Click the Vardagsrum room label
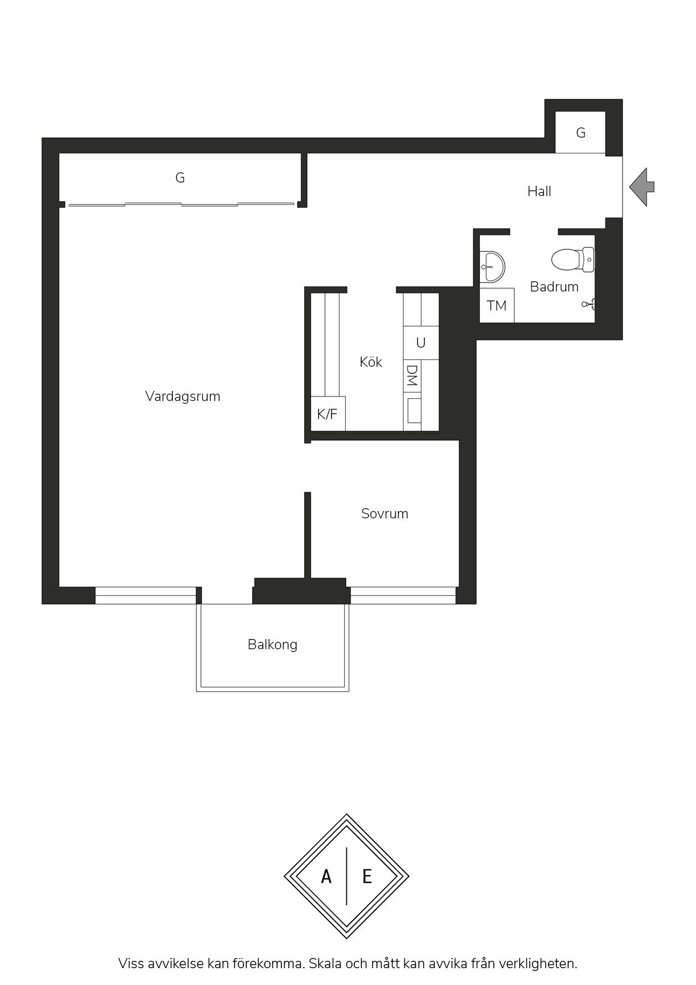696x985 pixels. (182, 396)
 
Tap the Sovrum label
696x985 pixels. (384, 514)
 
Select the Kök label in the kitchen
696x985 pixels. (371, 362)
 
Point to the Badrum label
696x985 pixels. (554, 287)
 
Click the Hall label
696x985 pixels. (539, 191)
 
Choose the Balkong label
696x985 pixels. (272, 645)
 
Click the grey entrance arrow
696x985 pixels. (642, 187)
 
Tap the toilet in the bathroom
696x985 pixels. (573, 259)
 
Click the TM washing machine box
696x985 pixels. (497, 305)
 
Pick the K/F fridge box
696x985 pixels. (328, 414)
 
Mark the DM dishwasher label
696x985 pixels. (412, 376)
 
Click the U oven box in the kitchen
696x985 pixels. (420, 343)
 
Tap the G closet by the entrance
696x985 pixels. (580, 133)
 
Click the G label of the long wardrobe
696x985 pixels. (180, 178)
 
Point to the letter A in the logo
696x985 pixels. (326, 876)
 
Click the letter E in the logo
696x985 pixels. (367, 876)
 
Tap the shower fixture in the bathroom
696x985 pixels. (589, 304)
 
